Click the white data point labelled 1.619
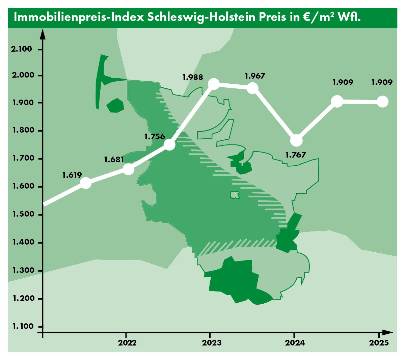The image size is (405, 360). [x=86, y=183]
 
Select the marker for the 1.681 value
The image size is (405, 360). [x=128, y=169]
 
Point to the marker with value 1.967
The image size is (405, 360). [x=252, y=88]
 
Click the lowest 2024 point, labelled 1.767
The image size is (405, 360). [x=296, y=140]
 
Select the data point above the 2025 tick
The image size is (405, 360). [x=382, y=101]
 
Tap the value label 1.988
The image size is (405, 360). [x=193, y=77]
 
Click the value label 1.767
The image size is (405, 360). [x=295, y=155]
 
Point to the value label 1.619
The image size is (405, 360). [x=72, y=175]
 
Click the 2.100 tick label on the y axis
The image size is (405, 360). [x=22, y=49]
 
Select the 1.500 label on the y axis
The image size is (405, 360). [x=23, y=214]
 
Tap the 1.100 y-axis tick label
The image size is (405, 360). [x=23, y=326]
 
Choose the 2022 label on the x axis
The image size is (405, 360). [x=127, y=343]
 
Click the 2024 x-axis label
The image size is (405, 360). [x=295, y=343]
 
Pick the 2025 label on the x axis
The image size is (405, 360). [x=379, y=343]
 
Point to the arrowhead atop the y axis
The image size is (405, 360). [x=43, y=34]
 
